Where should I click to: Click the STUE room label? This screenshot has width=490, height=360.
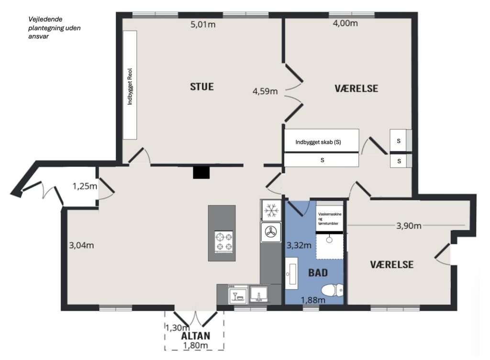coord(202,87)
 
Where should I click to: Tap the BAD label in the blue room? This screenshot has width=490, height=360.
coord(318,273)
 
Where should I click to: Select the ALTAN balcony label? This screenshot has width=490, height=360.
coord(196,336)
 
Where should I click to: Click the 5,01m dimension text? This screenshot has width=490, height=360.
coord(203,24)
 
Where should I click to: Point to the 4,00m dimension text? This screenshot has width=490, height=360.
coord(345,23)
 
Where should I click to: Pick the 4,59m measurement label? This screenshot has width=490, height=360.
coord(265,91)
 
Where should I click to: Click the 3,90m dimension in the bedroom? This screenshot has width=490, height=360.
coord(409,226)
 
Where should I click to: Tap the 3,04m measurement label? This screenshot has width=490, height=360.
coord(81,245)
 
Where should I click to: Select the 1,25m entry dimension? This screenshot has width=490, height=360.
coord(85,186)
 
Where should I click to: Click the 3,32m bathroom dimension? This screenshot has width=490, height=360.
coord(299,245)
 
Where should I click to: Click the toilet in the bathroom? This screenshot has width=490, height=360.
coord(332,290)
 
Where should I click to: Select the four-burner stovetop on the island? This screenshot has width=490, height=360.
coord(224,241)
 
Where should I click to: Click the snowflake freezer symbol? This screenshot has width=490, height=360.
coord(271,210)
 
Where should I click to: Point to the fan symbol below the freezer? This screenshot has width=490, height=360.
coord(271,232)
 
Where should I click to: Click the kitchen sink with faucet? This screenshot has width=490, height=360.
coord(259,294)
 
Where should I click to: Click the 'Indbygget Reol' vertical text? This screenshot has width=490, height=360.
coord(130,87)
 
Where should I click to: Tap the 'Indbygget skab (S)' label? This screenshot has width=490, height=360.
coord(318,142)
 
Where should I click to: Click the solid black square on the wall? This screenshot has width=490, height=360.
coord(201,173)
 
